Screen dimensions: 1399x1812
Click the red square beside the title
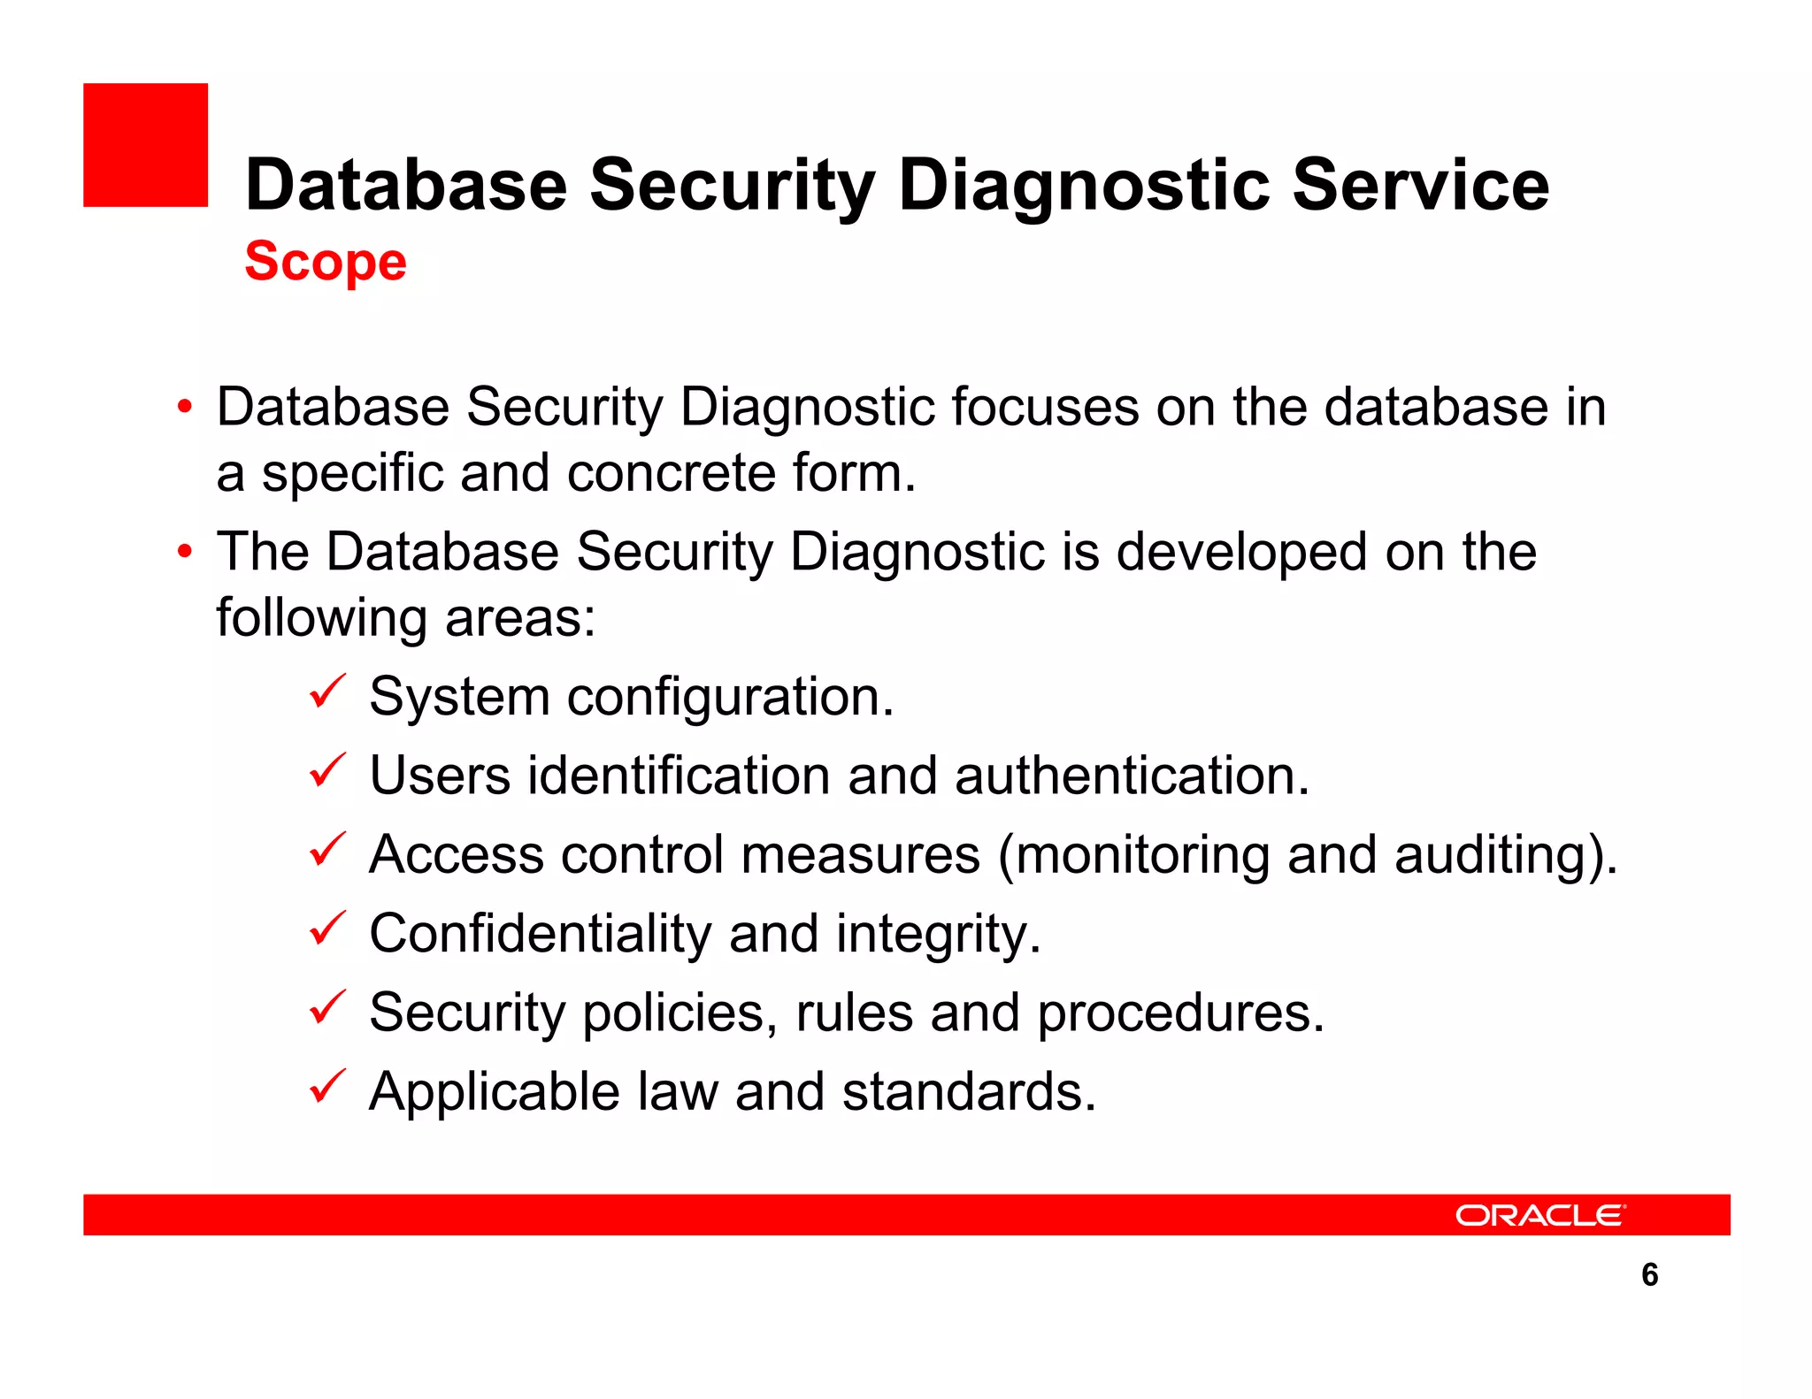145,145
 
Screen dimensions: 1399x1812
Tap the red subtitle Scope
325,262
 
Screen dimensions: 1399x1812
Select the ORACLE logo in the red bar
1539,1215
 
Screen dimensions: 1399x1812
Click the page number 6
1649,1274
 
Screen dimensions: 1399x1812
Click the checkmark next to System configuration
327,692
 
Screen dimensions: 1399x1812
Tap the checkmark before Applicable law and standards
327,1087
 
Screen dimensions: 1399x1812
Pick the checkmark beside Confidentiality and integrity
327,929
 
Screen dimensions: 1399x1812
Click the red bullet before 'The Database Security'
184,552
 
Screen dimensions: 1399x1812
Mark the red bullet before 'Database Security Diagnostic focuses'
184,408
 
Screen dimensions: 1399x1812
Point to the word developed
1241,553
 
